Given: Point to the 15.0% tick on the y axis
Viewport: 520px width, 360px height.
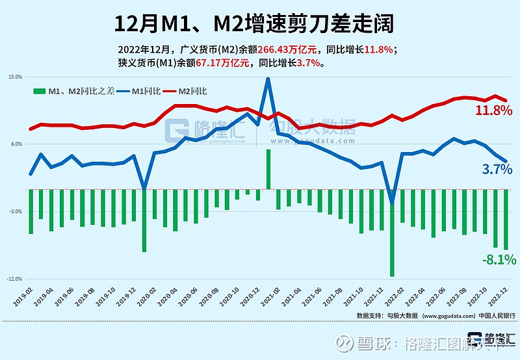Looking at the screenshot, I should (14, 77).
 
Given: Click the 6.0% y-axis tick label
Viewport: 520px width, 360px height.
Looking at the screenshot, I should (14, 144).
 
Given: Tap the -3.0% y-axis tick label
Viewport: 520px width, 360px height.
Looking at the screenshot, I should (14, 212).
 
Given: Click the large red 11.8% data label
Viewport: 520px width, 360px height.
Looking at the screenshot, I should (493, 111).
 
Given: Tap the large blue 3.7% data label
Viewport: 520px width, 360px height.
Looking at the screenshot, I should (499, 170).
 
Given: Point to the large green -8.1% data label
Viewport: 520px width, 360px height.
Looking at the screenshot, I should (499, 260).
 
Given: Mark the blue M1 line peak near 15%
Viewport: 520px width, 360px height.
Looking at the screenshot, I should (268, 79).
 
